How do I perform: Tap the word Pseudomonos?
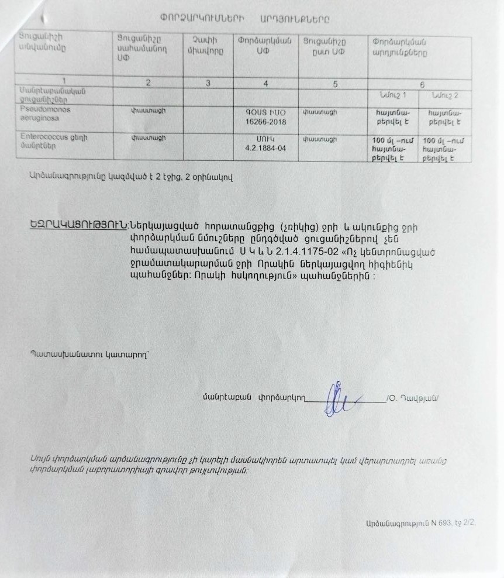coord(44,109)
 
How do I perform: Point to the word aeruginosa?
coord(36,118)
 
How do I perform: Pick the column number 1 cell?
coord(64,82)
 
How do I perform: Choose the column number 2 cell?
coord(148,82)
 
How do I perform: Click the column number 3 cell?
coord(208,83)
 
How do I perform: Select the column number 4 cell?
coord(265,83)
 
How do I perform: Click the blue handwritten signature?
coord(340,399)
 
